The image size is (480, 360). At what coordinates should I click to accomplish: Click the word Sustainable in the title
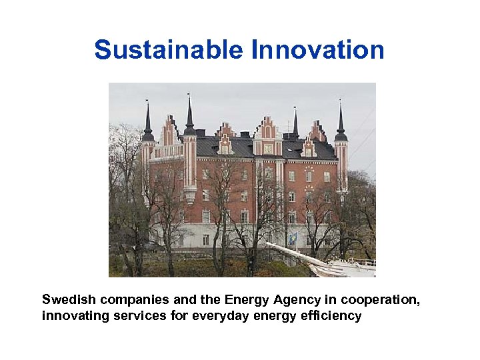169,50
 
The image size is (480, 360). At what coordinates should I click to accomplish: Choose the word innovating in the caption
72,315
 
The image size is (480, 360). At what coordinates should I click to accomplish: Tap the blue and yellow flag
292,239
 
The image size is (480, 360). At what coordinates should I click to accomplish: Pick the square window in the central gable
268,149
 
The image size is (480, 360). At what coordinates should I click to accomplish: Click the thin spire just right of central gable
295,123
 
